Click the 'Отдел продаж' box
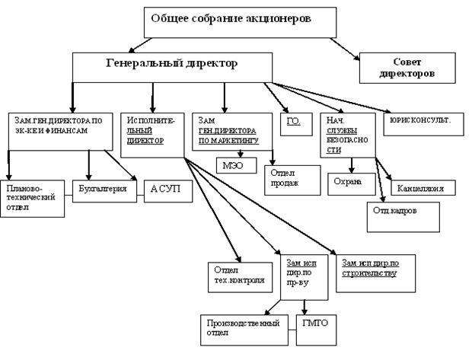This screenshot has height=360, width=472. tap(288, 177)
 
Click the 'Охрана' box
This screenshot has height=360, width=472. tap(350, 183)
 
